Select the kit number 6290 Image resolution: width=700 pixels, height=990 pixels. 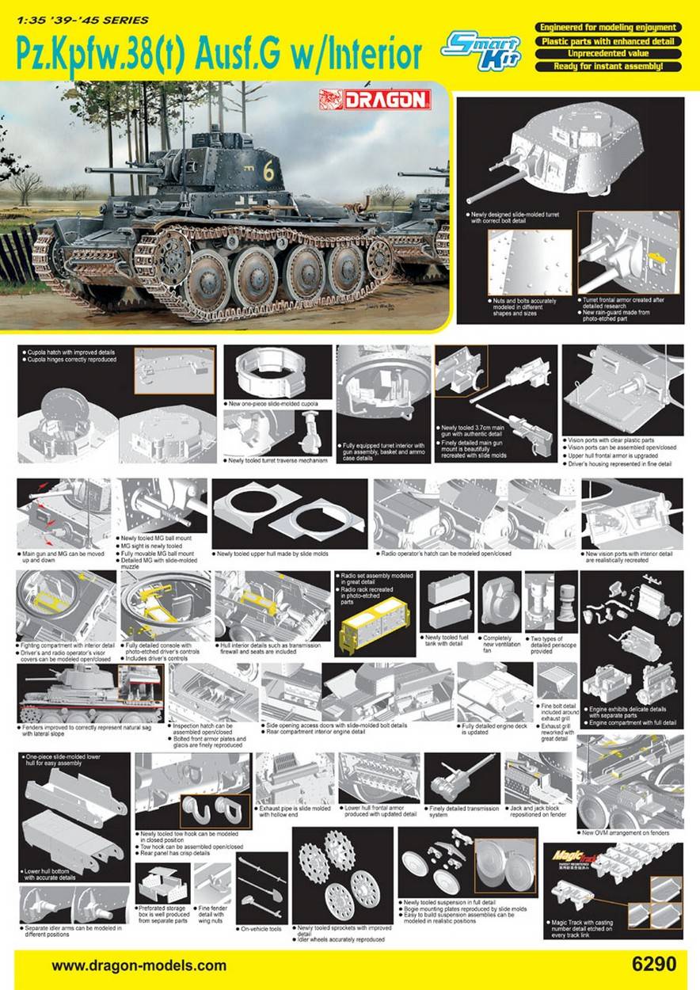tap(654, 965)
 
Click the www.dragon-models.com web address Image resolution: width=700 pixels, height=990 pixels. tap(139, 965)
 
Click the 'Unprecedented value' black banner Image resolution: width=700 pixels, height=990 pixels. tap(607, 54)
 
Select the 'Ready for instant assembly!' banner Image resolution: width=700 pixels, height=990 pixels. tap(607, 67)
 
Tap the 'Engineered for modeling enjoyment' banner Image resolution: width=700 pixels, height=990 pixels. tap(607, 28)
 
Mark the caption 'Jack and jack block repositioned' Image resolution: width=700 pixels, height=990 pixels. tap(538, 810)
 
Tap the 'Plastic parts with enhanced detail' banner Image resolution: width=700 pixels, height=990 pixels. tap(607, 40)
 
